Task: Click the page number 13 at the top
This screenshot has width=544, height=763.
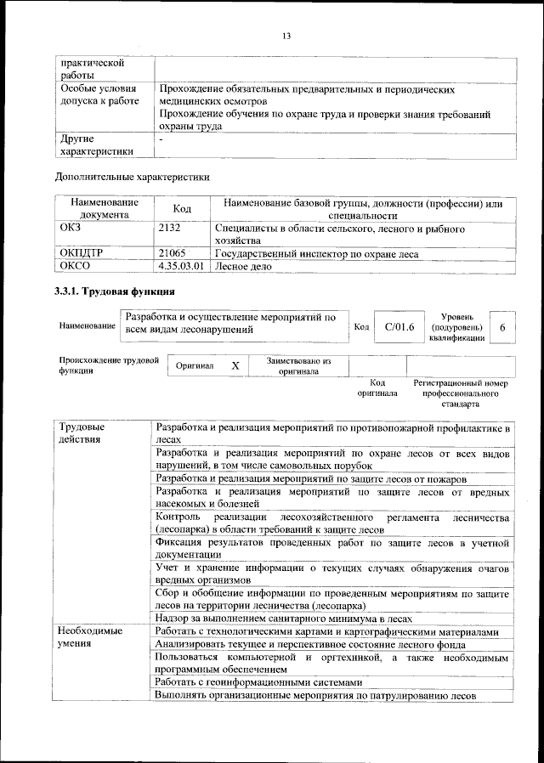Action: click(286, 35)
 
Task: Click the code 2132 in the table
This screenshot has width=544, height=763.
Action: click(171, 229)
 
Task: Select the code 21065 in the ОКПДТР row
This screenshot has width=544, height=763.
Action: click(173, 253)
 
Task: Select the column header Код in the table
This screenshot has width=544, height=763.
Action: click(182, 209)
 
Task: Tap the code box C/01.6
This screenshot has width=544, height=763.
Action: click(398, 326)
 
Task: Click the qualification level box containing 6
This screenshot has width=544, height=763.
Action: click(502, 327)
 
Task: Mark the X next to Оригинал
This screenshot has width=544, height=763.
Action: click(235, 365)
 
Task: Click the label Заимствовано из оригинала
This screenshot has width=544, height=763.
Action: click(297, 365)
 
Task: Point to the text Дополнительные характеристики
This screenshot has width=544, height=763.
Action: click(132, 178)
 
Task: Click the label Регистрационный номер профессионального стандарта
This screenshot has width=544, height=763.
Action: click(460, 393)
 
